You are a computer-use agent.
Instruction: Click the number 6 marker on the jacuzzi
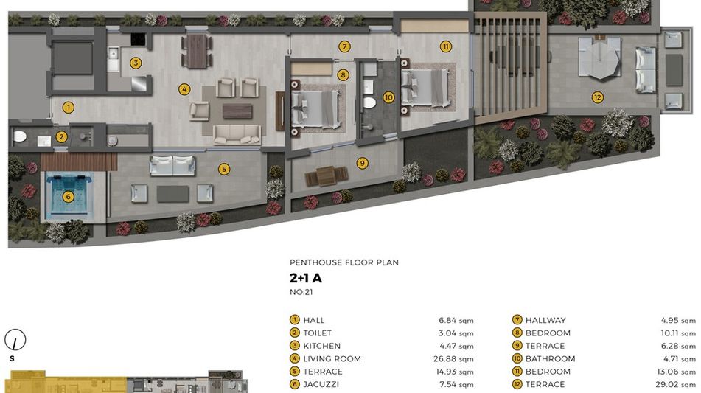point(68,196)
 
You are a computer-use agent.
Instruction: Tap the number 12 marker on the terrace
point(597,97)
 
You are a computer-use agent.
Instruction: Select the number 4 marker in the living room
point(184,89)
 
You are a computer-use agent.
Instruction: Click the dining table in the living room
point(197,51)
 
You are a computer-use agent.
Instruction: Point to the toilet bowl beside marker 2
point(20,136)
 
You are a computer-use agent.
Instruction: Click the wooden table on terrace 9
point(327,175)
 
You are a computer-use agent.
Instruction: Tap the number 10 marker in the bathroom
point(388,97)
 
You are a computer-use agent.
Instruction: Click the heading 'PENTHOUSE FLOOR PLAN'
point(343,262)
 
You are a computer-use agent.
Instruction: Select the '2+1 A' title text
point(306,278)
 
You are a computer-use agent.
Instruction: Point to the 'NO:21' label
point(301,292)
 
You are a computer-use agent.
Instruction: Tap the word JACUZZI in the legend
point(321,384)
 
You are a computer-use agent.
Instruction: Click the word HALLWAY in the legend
point(545,320)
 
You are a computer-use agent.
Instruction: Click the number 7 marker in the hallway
point(343,46)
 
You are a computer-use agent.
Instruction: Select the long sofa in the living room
point(237,135)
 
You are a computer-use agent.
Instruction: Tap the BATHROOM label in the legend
point(551,358)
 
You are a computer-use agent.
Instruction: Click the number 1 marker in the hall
point(68,108)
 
